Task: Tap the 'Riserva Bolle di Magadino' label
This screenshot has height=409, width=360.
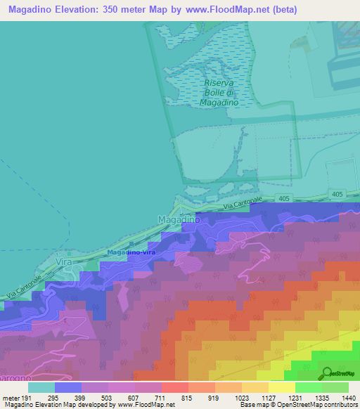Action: pos(219,93)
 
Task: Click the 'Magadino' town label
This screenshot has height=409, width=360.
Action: pos(179,220)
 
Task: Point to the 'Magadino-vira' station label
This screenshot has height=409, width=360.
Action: pos(131,252)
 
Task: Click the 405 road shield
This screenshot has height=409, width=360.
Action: pos(282,199)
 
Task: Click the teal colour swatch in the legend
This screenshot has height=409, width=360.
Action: pos(41,387)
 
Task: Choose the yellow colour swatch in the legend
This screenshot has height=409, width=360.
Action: pos(281,387)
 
